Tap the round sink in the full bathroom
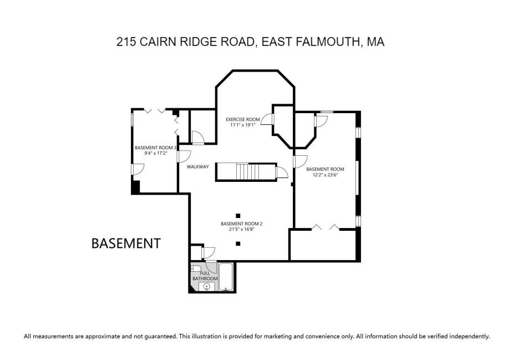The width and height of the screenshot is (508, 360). click(x=207, y=287)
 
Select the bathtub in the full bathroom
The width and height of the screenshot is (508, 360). click(x=226, y=278)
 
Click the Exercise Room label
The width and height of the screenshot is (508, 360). click(x=242, y=119)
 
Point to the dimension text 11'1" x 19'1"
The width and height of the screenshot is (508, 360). click(x=242, y=125)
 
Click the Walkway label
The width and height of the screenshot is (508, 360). click(x=197, y=166)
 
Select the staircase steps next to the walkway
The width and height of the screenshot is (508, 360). click(x=247, y=171)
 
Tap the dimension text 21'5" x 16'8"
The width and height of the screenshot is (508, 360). click(x=241, y=230)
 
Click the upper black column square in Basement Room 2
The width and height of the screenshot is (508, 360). click(x=238, y=215)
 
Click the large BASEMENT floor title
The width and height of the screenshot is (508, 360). click(x=126, y=243)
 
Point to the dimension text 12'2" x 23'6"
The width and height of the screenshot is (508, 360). click(x=325, y=175)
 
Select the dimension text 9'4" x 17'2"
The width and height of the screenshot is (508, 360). click(x=155, y=154)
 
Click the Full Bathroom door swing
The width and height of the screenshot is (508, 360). click(x=209, y=253)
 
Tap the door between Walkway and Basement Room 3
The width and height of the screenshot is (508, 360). click(x=184, y=156)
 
